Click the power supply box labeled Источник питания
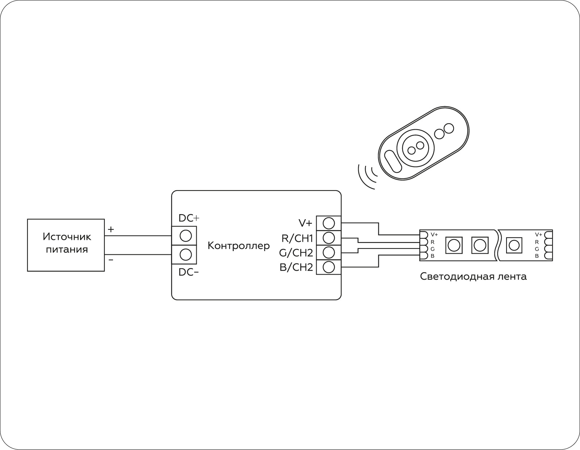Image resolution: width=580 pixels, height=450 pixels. tap(66, 245)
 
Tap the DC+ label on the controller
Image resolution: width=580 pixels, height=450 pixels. tap(189, 218)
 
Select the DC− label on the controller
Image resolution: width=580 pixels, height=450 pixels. tap(188, 272)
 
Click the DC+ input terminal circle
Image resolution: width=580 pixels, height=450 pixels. tap(185, 236)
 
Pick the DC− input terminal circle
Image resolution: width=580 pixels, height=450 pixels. tap(185, 255)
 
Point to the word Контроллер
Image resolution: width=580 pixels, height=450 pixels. tap(238, 246)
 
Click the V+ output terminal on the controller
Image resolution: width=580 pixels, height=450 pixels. tap(329, 223)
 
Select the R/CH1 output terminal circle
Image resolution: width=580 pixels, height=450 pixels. tap(329, 238)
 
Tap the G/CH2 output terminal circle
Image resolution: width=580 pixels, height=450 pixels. tap(329, 252)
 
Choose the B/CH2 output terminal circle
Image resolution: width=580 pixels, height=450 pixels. tap(329, 267)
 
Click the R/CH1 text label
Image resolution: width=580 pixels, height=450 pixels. tap(297, 238)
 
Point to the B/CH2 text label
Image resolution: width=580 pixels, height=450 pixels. tap(296, 267)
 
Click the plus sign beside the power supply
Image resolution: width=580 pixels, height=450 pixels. tap(111, 229)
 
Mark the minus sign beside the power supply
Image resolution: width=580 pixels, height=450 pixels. tap(111, 260)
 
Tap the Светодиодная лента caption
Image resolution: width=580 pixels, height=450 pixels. tap(473, 277)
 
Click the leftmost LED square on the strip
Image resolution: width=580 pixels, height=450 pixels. tap(454, 245)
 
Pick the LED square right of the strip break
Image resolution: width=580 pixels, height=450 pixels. tap(514, 245)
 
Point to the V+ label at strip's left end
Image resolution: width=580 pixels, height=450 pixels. tap(434, 234)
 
